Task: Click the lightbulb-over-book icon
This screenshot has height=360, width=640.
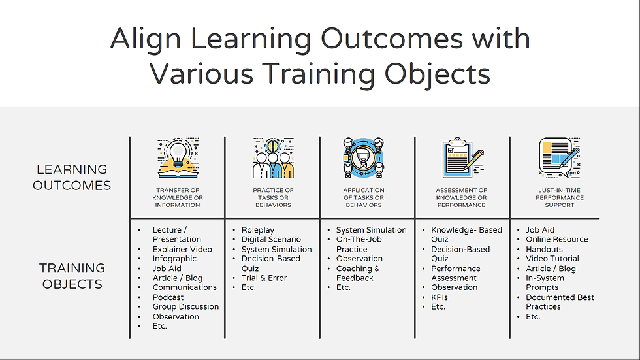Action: (x=178, y=158)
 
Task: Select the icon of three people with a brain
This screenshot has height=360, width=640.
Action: (x=273, y=158)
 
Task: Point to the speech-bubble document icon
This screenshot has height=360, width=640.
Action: (x=560, y=158)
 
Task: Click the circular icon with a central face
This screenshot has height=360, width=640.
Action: (x=363, y=158)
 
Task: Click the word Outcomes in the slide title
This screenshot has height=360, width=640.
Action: (x=391, y=39)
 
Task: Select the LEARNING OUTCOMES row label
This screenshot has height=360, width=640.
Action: (x=72, y=177)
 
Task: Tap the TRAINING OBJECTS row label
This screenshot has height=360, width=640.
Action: (x=72, y=276)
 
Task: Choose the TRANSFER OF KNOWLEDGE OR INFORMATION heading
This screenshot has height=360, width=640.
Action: (x=178, y=197)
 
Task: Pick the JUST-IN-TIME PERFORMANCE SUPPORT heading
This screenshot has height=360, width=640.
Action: (x=560, y=197)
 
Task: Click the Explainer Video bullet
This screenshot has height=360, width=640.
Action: (x=182, y=249)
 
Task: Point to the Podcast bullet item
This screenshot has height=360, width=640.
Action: (x=168, y=297)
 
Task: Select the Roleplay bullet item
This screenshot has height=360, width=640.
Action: (x=257, y=230)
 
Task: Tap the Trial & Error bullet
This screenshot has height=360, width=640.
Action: (x=264, y=278)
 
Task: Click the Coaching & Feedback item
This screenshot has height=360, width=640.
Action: (x=358, y=273)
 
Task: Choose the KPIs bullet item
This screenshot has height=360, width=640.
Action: (x=439, y=297)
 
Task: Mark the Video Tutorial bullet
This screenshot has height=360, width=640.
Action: (x=552, y=258)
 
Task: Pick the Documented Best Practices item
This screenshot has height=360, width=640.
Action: (x=560, y=302)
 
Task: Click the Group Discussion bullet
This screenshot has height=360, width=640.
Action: (x=185, y=306)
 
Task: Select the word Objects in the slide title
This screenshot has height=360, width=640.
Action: (x=437, y=74)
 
